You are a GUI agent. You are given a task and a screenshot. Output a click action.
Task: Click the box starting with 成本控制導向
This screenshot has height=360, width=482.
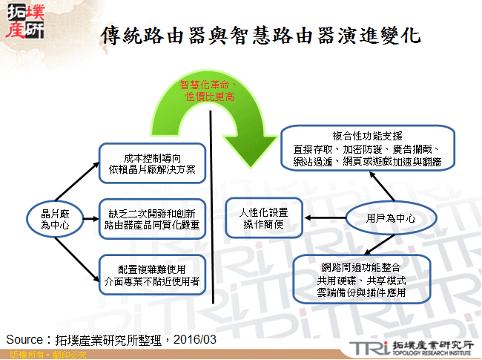151,163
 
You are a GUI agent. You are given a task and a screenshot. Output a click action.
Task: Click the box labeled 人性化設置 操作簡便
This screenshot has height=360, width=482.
264,218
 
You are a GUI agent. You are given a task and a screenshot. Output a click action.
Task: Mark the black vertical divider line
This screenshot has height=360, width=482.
214,208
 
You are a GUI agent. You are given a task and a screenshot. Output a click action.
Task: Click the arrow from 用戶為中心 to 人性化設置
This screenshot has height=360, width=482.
326,217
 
